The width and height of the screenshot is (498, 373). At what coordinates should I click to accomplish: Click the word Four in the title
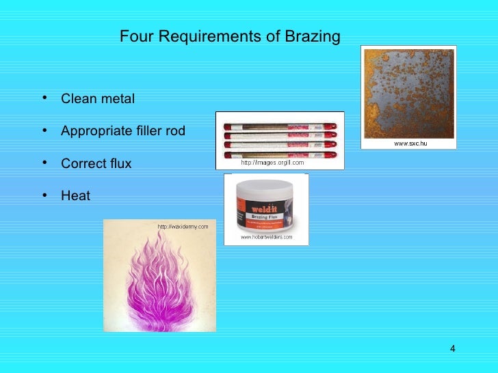pyautogui.click(x=134, y=36)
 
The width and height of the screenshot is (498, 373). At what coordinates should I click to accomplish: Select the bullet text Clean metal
pyautogui.click(x=98, y=99)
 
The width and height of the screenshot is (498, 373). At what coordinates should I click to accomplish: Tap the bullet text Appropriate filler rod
pyautogui.click(x=123, y=131)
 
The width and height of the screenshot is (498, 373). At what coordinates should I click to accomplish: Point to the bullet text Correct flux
pyautogui.click(x=96, y=164)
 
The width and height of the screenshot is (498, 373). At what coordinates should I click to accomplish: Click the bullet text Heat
pyautogui.click(x=75, y=196)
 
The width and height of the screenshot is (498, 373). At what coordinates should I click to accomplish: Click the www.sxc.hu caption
pyautogui.click(x=410, y=143)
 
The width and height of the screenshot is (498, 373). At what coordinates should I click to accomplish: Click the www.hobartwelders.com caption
pyautogui.click(x=266, y=238)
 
